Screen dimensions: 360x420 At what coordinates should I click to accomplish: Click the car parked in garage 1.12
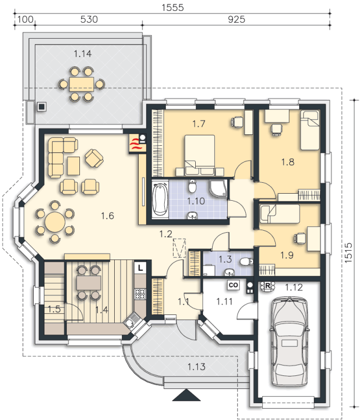(290, 342)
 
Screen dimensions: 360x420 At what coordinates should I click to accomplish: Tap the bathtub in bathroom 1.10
(160, 199)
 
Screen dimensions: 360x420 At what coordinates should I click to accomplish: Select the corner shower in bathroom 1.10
(218, 189)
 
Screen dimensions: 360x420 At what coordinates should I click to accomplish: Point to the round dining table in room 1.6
(55, 222)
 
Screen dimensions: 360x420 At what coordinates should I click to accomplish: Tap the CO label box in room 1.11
(233, 285)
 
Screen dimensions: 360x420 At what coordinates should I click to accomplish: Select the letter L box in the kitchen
(140, 268)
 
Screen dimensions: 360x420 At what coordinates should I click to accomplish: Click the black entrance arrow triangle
(187, 395)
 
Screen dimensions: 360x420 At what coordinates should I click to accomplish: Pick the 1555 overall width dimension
(172, 8)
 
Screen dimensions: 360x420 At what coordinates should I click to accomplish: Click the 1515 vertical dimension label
(348, 252)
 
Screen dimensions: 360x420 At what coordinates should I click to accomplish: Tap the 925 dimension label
(237, 19)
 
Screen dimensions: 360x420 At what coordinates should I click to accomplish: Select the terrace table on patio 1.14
(82, 84)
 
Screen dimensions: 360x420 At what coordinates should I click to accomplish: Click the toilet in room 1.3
(246, 261)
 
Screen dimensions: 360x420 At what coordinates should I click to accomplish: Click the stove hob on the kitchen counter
(140, 294)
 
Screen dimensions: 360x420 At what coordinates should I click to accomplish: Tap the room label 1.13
(196, 367)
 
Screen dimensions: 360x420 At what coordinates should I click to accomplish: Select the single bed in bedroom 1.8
(309, 130)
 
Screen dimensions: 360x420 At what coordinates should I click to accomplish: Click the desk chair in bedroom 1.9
(300, 238)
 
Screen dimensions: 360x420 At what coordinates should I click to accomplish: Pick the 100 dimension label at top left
(26, 19)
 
